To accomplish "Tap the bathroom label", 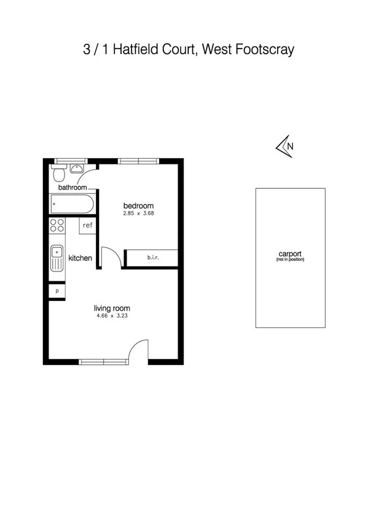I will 72,187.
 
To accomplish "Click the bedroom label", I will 138,206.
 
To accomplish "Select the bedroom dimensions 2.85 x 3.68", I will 138,214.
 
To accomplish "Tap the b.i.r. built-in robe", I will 152,258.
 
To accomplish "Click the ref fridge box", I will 87,225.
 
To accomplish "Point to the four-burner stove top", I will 57,226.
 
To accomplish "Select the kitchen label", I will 80,258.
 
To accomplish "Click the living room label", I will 112,308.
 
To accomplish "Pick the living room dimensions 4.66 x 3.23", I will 112,316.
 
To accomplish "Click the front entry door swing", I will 139,350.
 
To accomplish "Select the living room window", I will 101,361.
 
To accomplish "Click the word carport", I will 290,254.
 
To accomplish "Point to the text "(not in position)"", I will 290,260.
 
